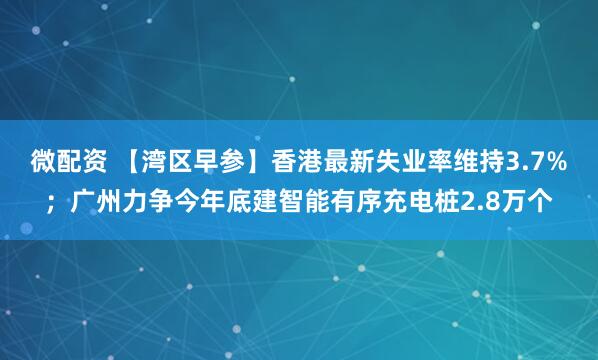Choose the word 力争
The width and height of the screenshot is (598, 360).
click(143, 204)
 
